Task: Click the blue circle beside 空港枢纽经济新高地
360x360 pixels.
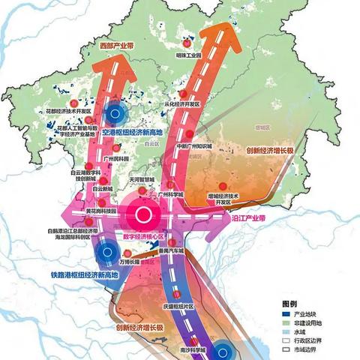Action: [115, 113]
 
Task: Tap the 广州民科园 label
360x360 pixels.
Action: [118, 159]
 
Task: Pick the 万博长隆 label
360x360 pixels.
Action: [129, 262]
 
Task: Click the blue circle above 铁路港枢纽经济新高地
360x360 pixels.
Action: [108, 252]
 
